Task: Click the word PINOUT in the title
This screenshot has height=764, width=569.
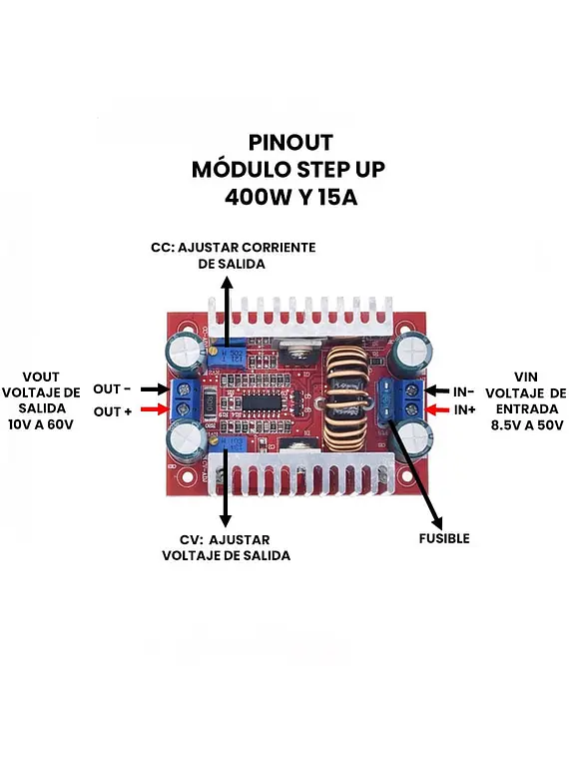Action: pos(290,143)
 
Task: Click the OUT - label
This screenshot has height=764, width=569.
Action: pos(112,388)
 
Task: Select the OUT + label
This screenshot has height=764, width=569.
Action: pos(113,411)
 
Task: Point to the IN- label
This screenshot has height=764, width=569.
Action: pos(463,391)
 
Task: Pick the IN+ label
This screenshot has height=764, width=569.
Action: pos(464,409)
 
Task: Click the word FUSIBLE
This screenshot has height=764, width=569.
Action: pos(444,538)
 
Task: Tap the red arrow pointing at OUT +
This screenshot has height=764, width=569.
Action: pos(156,409)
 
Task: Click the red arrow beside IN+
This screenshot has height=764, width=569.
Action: pos(437,409)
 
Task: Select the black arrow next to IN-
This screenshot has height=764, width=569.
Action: pos(437,390)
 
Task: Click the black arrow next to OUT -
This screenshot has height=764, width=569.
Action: pos(156,388)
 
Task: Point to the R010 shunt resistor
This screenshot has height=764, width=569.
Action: pos(210,403)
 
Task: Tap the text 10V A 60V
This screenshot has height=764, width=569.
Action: pos(41,424)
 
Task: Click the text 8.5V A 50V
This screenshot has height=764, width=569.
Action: pos(527,424)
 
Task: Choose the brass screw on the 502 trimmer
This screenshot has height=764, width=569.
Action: pos(213,351)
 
